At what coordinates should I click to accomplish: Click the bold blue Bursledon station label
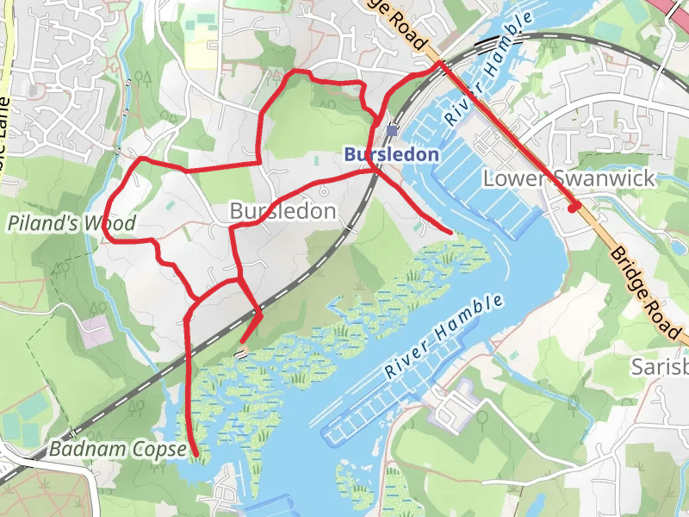pyautogui.click(x=391, y=155)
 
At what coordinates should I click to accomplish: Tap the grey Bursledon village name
pyautogui.click(x=282, y=211)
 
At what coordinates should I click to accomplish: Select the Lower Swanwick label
pyautogui.click(x=569, y=178)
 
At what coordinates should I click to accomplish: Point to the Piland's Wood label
pyautogui.click(x=72, y=224)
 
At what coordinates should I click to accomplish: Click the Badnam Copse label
pyautogui.click(x=118, y=449)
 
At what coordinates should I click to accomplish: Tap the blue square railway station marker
pyautogui.click(x=393, y=131)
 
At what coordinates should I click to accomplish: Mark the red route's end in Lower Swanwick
pyautogui.click(x=574, y=208)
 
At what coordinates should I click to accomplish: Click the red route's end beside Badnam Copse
pyautogui.click(x=196, y=453)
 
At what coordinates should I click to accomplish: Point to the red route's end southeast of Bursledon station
pyautogui.click(x=450, y=232)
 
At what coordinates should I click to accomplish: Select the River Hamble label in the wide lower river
pyautogui.click(x=444, y=337)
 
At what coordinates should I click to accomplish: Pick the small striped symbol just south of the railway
pyautogui.click(x=242, y=353)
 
